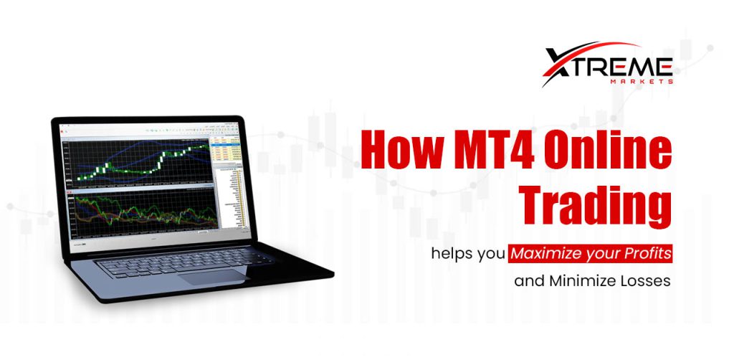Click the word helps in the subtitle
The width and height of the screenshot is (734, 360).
[x=452, y=253]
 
